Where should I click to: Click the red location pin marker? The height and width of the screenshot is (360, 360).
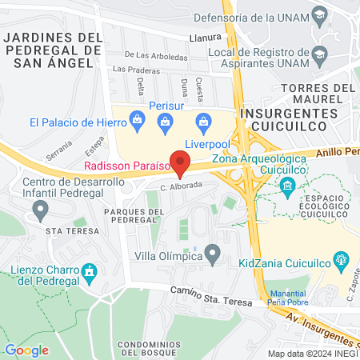[x=181, y=164]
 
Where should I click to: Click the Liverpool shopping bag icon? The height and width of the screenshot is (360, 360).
[x=203, y=122]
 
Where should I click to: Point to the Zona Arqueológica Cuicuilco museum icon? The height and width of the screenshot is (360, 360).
[x=286, y=186]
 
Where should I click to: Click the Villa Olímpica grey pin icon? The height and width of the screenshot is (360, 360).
[x=212, y=256]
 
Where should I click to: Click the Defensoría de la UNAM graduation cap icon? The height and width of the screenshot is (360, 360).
[x=320, y=15]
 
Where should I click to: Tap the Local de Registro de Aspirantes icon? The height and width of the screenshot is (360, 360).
[x=320, y=56]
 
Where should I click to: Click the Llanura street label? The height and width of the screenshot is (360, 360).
[x=206, y=37]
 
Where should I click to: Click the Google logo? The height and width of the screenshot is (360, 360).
[x=27, y=350]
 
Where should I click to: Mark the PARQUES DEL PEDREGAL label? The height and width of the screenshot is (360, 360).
[x=134, y=215]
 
